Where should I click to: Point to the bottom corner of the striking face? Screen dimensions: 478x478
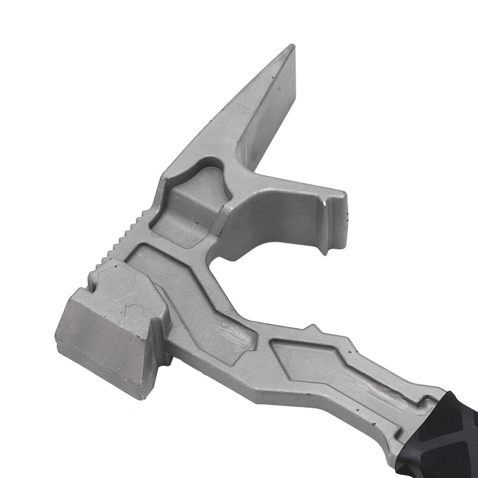pos(140,394)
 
